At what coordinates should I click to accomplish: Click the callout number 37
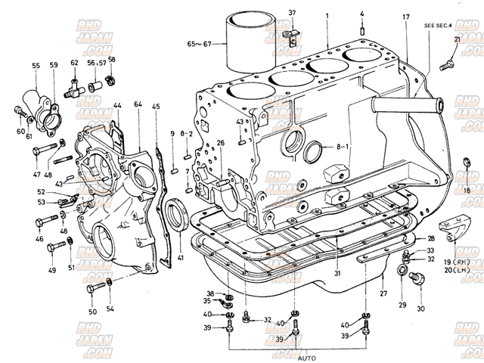coord(292,13)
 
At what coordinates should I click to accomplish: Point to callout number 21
coord(457,39)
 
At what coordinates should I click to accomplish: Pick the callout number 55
coord(36,66)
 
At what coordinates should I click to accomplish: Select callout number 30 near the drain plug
coord(420,309)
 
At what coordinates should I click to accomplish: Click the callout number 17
coord(406,17)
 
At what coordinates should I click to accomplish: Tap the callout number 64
coord(138,104)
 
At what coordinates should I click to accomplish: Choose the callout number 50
coord(92,312)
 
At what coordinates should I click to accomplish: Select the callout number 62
coord(74,64)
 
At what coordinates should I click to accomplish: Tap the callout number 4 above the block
coord(362,14)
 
